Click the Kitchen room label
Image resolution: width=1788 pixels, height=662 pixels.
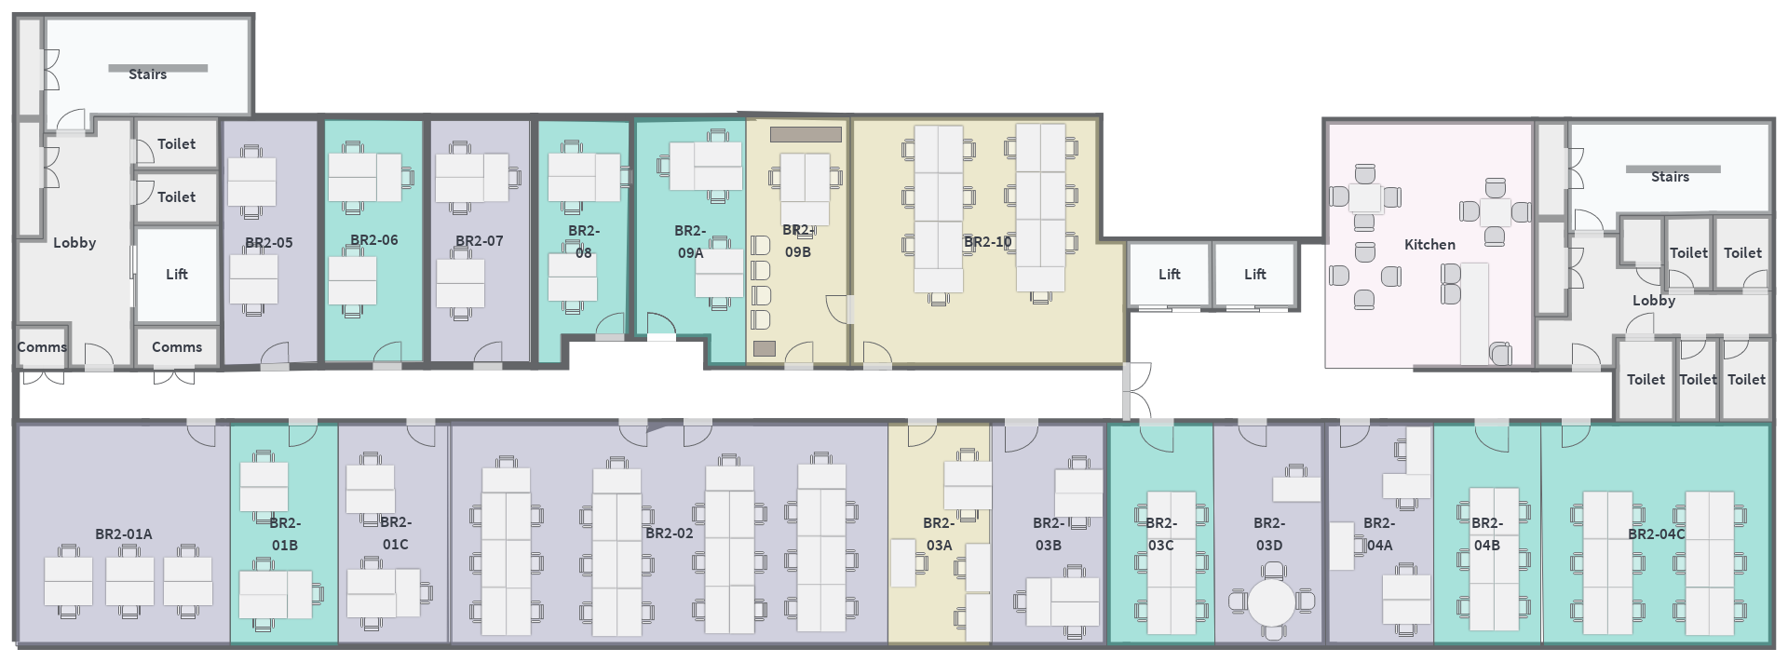pyautogui.click(x=1429, y=245)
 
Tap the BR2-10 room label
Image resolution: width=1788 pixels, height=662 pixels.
pyautogui.click(x=987, y=242)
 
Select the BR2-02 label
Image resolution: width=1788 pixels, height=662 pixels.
pyautogui.click(x=669, y=534)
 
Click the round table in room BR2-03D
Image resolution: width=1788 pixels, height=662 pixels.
pyautogui.click(x=1271, y=602)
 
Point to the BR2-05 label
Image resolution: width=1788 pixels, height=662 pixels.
pyautogui.click(x=268, y=243)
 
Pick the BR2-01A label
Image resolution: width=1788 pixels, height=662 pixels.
pyautogui.click(x=123, y=534)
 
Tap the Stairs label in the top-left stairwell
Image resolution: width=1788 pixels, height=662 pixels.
pyautogui.click(x=147, y=74)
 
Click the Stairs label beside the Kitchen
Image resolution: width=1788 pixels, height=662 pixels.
pyautogui.click(x=1670, y=177)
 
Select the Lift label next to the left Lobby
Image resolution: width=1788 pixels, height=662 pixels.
pyautogui.click(x=176, y=275)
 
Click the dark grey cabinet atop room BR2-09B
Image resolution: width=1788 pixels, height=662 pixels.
pyautogui.click(x=806, y=134)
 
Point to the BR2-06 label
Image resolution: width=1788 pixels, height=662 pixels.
pyautogui.click(x=373, y=240)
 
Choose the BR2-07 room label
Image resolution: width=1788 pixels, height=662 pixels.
pyautogui.click(x=479, y=241)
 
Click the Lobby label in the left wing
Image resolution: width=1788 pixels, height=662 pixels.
pyautogui.click(x=74, y=243)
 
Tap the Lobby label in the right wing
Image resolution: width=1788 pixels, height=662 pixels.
pyautogui.click(x=1654, y=301)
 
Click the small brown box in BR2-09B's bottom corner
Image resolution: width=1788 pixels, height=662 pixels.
pyautogui.click(x=765, y=349)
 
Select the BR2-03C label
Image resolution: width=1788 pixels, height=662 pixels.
pyautogui.click(x=1160, y=534)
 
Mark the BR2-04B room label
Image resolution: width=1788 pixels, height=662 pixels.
pyautogui.click(x=1486, y=534)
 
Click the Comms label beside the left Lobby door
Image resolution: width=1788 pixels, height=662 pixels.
pyautogui.click(x=42, y=347)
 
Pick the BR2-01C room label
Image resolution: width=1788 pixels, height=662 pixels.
pyautogui.click(x=395, y=534)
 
